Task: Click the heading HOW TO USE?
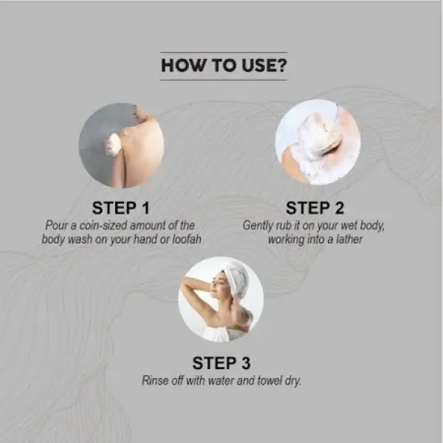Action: click(x=223, y=65)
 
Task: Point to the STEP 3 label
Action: click(x=221, y=363)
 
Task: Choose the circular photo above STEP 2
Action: click(x=317, y=142)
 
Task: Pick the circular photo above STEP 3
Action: click(x=221, y=299)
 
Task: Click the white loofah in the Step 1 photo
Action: click(x=113, y=144)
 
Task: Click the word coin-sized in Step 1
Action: click(x=115, y=225)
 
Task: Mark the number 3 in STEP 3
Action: click(x=245, y=363)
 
